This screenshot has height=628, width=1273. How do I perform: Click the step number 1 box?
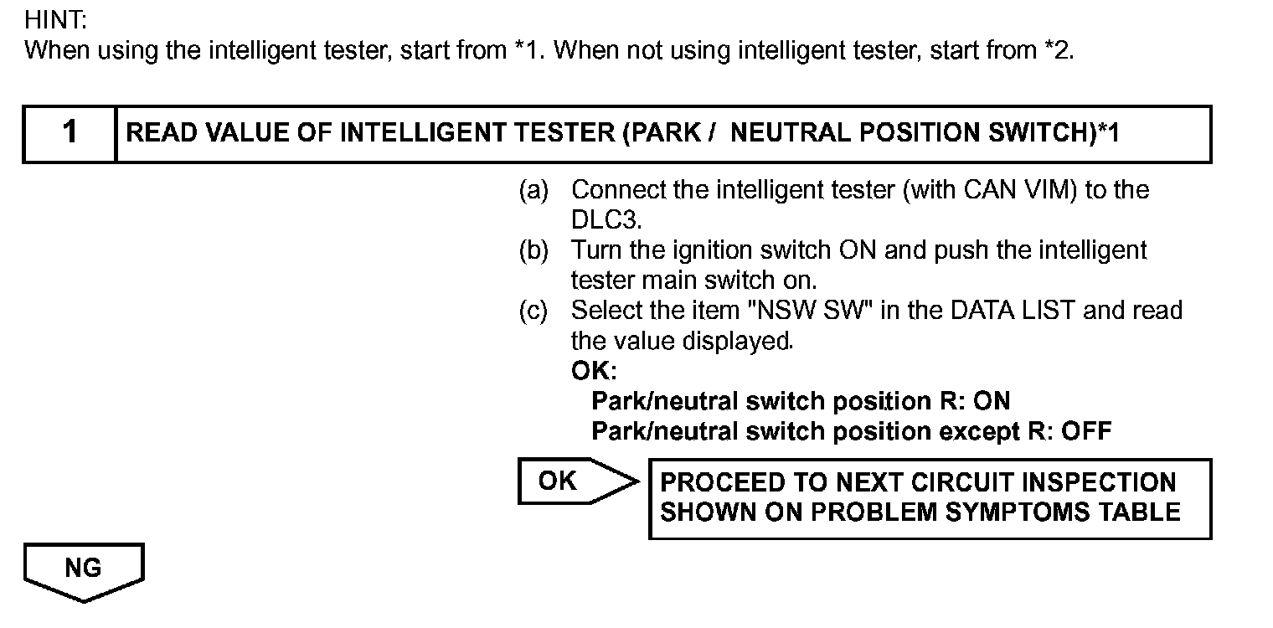[70, 133]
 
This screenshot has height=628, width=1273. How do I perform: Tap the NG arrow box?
[84, 569]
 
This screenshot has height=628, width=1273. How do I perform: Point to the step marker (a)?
[533, 191]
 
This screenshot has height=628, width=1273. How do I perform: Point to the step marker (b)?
[533, 250]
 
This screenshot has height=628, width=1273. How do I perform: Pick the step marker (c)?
[533, 311]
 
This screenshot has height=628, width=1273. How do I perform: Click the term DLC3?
[606, 220]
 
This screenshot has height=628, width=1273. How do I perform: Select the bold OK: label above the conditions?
[593, 371]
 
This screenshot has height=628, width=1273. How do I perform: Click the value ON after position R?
[992, 401]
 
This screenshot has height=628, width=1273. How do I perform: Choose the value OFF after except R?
[1086, 431]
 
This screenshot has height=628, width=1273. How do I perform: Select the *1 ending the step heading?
[1107, 133]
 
